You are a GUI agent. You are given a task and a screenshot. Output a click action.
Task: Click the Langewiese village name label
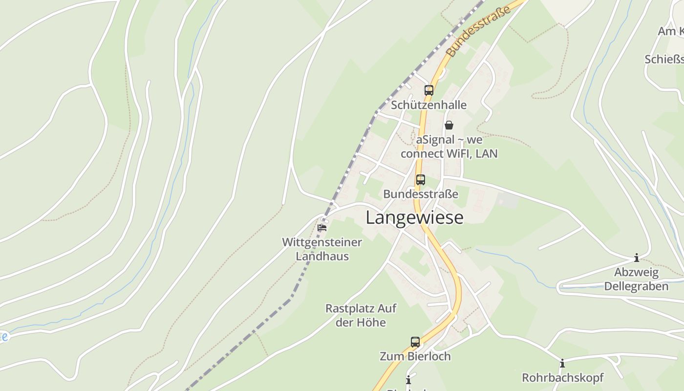[x=414, y=217]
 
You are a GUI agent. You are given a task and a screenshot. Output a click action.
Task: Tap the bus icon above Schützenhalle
[x=428, y=90]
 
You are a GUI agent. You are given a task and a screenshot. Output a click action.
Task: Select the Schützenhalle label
[x=428, y=105]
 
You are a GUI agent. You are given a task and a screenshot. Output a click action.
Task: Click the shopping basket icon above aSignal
[x=449, y=125]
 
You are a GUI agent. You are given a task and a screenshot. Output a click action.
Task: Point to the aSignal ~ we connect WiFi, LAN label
[x=449, y=147]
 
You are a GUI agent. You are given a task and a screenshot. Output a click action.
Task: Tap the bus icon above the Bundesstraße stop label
[x=420, y=179]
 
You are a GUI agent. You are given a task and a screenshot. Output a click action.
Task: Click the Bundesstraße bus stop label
[x=420, y=194]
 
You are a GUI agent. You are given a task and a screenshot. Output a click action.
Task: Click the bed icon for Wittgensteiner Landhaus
[x=322, y=227]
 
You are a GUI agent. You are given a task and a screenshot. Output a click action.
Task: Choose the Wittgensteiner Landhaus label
[x=322, y=249]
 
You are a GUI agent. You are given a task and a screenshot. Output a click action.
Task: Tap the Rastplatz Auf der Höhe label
[x=361, y=315]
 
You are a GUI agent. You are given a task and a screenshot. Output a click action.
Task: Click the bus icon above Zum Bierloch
[x=415, y=342]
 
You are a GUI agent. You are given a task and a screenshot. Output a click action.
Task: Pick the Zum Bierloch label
[x=415, y=356]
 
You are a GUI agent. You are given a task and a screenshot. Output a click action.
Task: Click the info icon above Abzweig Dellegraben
[x=636, y=258]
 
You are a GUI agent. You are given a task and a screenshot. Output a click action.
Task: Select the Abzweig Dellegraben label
[x=636, y=279]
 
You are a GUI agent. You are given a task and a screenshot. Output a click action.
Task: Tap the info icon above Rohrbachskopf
[x=562, y=363]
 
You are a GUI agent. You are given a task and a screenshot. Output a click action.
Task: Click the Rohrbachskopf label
[x=562, y=378]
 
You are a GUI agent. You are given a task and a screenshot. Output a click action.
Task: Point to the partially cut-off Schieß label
[x=664, y=60]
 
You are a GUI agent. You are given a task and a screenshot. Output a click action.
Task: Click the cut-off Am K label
[x=670, y=31]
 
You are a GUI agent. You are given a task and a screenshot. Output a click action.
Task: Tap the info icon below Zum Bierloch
[x=408, y=380]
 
